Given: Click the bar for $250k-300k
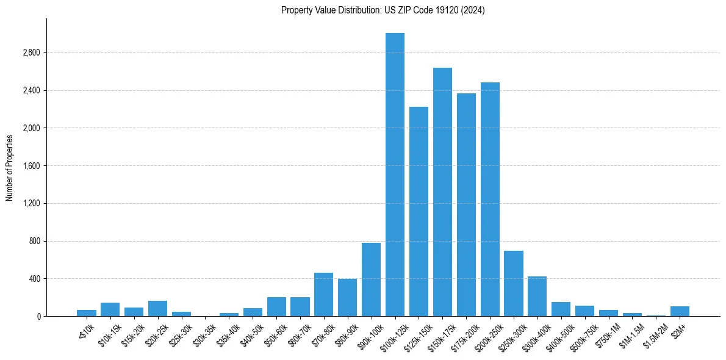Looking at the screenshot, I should point(514,283).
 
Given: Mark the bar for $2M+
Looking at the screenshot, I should point(680,311).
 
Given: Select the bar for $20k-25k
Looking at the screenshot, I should point(157,308).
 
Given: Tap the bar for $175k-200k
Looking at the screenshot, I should point(466,204).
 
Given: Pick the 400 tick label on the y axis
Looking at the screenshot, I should point(34,279).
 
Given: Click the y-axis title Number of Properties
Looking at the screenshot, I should point(10,167).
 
